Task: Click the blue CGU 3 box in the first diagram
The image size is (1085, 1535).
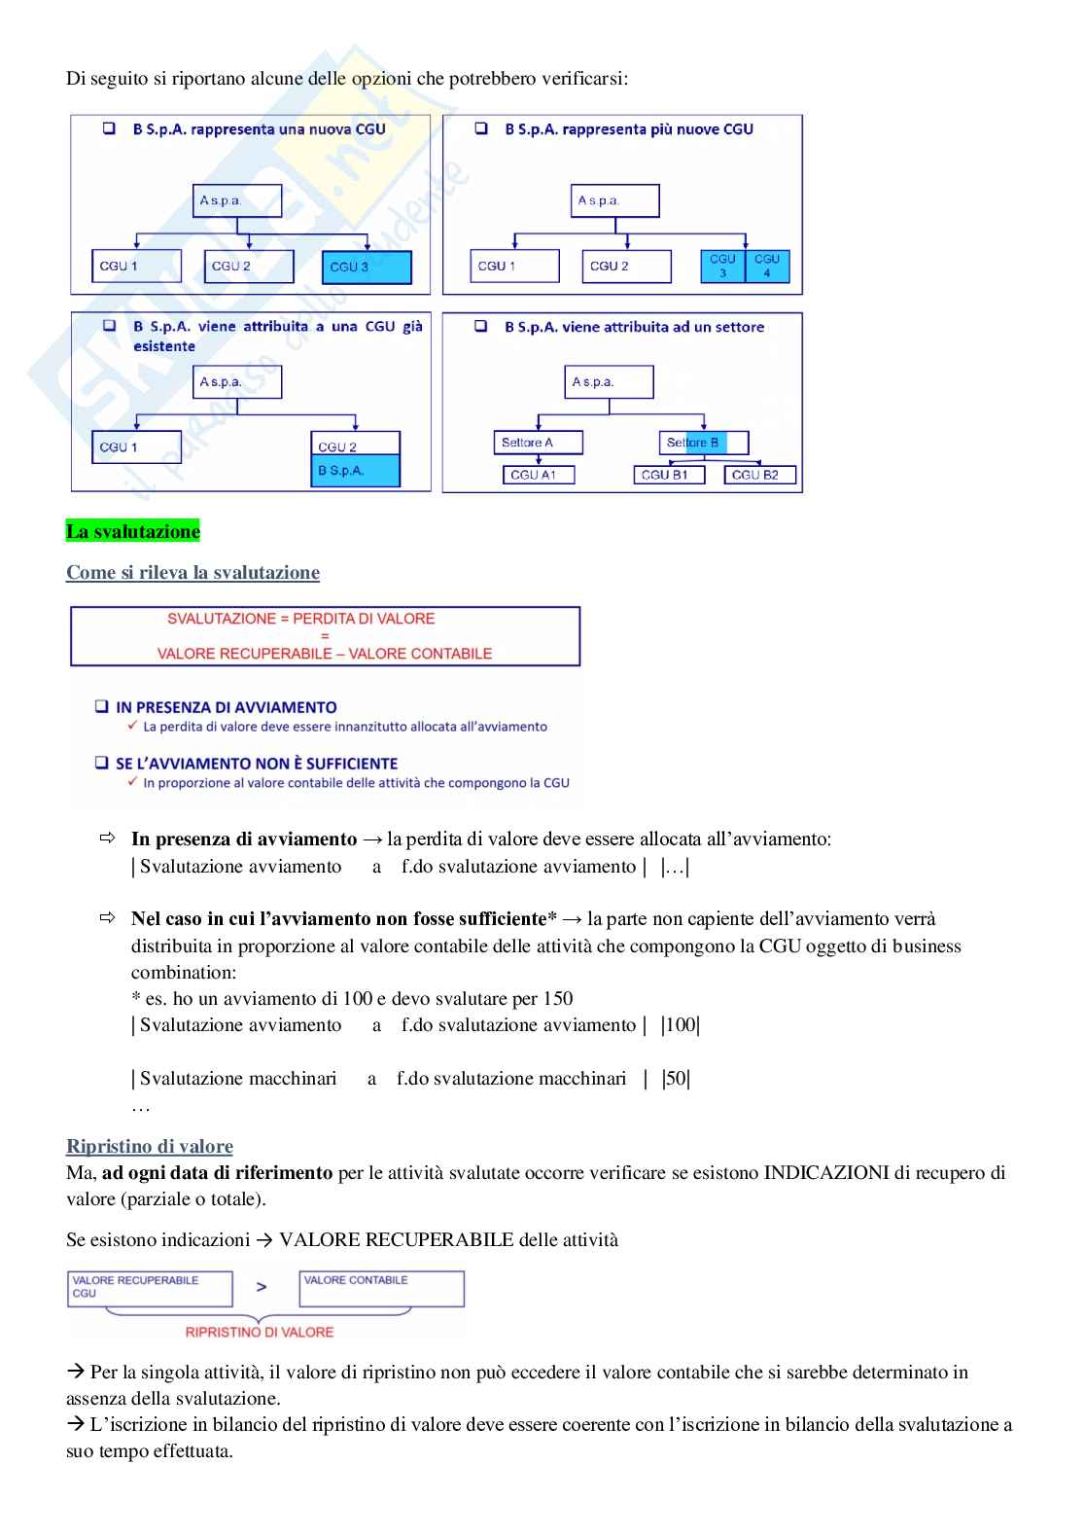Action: click(x=367, y=267)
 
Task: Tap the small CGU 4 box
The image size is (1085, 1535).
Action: click(x=767, y=266)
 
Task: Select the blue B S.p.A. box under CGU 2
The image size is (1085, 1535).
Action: click(x=355, y=471)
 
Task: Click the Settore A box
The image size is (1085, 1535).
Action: click(x=538, y=443)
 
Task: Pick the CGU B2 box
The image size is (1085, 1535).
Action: click(x=759, y=475)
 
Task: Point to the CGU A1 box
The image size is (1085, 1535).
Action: click(x=538, y=475)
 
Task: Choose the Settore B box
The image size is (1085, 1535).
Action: click(x=704, y=443)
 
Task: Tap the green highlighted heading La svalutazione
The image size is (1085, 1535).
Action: click(x=133, y=531)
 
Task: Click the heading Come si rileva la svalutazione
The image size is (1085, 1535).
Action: click(x=192, y=572)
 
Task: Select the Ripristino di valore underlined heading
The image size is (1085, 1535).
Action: click(x=150, y=1146)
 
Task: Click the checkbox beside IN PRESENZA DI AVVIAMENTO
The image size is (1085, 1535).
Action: click(x=102, y=706)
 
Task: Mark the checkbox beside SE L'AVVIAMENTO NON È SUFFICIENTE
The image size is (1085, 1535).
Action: click(x=102, y=763)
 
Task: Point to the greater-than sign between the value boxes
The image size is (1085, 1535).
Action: click(x=262, y=1287)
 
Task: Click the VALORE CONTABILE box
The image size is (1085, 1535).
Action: click(x=381, y=1288)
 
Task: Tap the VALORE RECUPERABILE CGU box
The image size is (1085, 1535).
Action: click(x=150, y=1288)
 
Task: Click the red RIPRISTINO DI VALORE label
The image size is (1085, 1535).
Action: click(x=260, y=1332)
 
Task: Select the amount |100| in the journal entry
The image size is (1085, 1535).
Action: click(x=681, y=1024)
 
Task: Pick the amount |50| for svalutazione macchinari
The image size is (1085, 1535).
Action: click(x=676, y=1078)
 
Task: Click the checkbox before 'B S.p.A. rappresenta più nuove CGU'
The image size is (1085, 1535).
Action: click(x=481, y=128)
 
